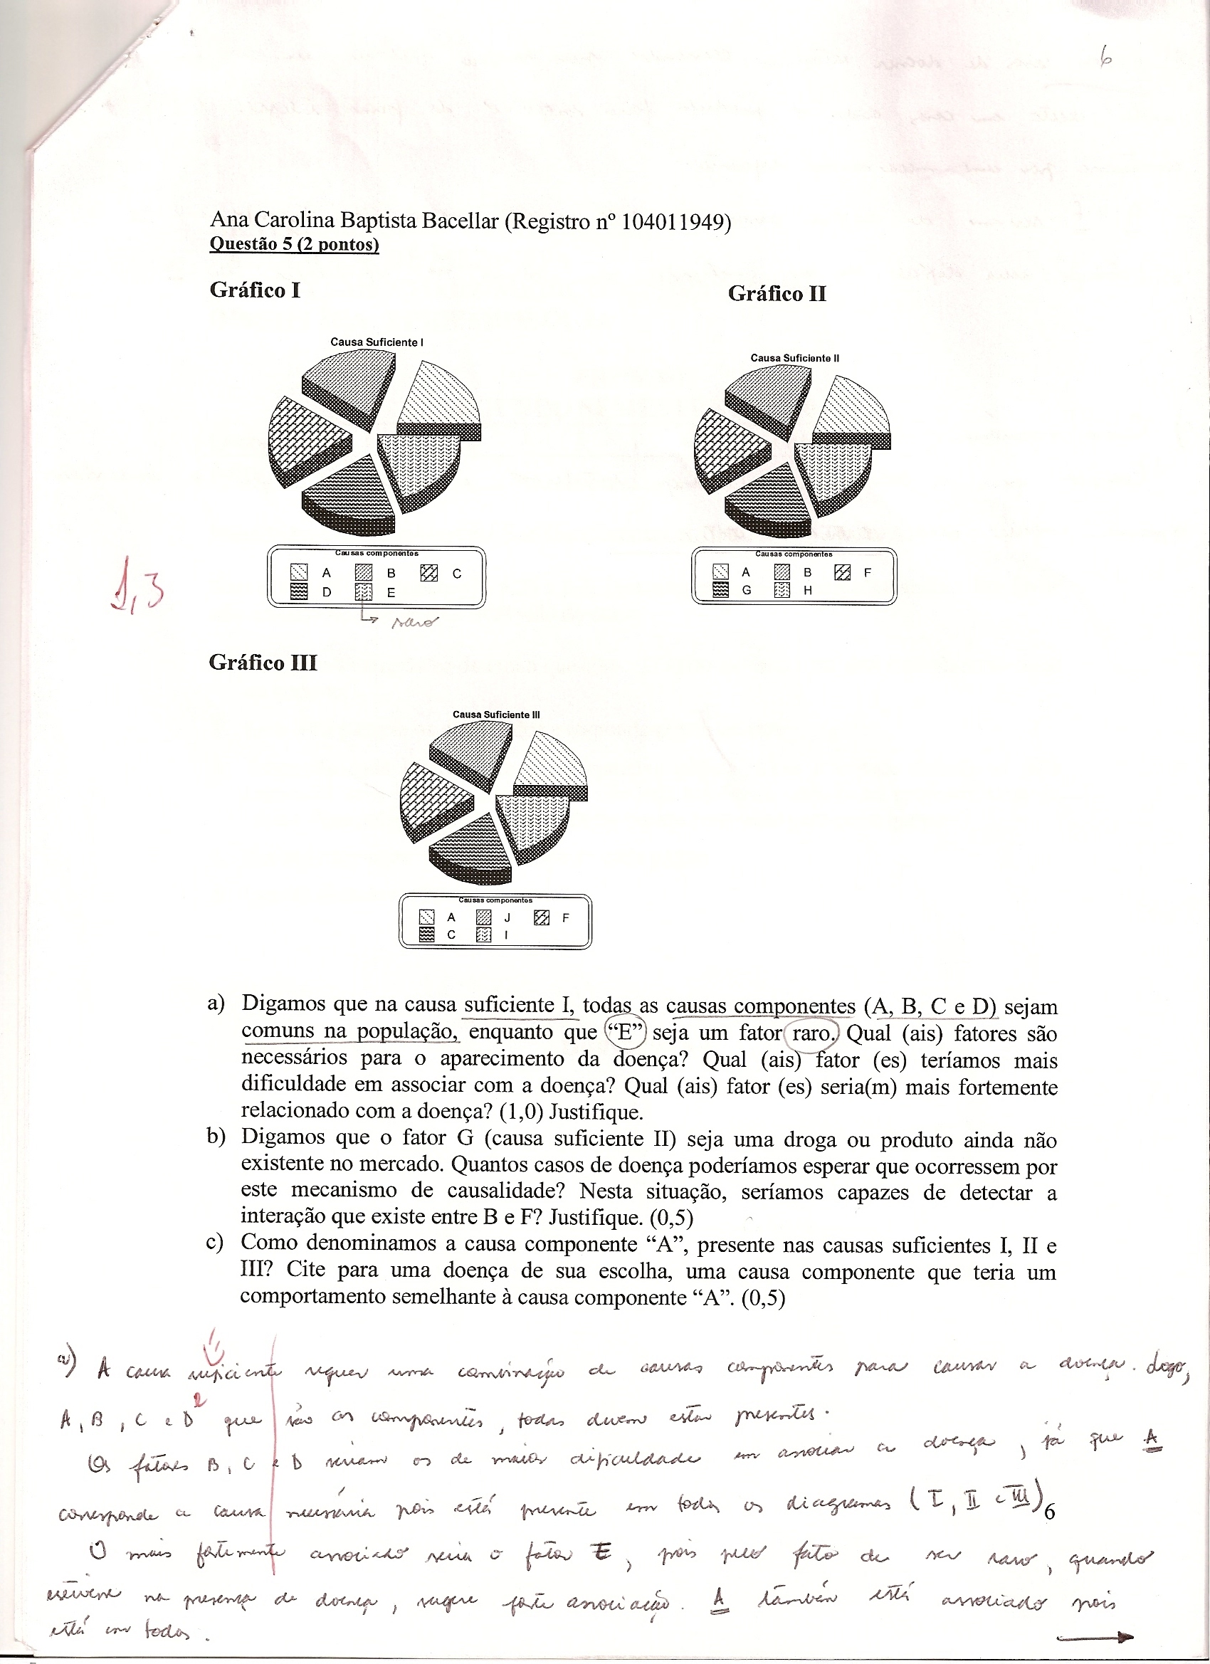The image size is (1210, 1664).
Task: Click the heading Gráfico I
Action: point(255,290)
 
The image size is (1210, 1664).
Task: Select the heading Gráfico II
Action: point(777,294)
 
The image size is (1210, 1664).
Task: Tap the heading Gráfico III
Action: point(263,663)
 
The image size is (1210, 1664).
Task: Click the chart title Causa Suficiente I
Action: point(377,342)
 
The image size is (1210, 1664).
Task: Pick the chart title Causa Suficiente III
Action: point(496,715)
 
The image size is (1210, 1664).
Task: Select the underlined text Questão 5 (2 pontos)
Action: point(294,244)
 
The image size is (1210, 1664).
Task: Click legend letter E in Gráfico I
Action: point(391,593)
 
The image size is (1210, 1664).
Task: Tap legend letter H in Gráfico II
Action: point(807,590)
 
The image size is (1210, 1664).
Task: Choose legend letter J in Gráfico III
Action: point(506,918)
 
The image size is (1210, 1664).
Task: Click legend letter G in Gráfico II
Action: point(746,590)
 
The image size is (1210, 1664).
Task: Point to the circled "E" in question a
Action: point(623,1033)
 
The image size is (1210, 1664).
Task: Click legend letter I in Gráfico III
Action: point(506,935)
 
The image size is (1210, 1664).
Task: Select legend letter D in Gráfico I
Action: point(327,593)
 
